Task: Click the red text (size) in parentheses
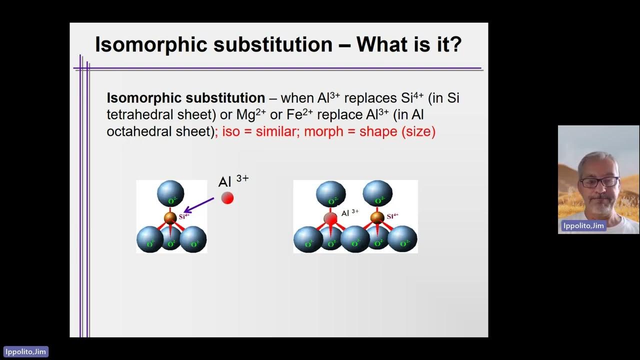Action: pyautogui.click(x=418, y=131)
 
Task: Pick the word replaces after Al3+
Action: pyautogui.click(x=370, y=98)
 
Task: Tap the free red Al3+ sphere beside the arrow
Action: pyautogui.click(x=227, y=198)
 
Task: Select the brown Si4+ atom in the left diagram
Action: pyautogui.click(x=170, y=217)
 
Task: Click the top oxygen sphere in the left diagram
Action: pyautogui.click(x=170, y=193)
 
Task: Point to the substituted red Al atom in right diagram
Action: pyautogui.click(x=330, y=218)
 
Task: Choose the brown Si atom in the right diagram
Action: pyautogui.click(x=377, y=217)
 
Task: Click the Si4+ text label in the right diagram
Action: pyautogui.click(x=392, y=216)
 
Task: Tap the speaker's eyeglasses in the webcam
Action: pyautogui.click(x=599, y=182)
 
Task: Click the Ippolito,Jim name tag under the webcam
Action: pyautogui.click(x=583, y=226)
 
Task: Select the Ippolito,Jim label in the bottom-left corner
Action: pyautogui.click(x=26, y=351)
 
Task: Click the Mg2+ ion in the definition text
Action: pyautogui.click(x=250, y=114)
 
